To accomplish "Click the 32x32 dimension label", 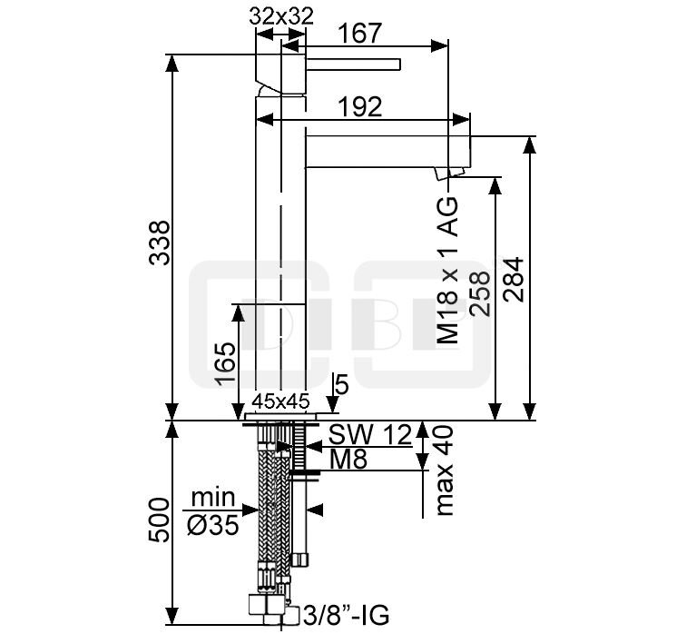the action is [281, 16].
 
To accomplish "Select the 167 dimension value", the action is [359, 34].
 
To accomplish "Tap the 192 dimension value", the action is [360, 106].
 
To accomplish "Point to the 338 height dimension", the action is [159, 243].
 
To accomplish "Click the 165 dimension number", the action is [225, 363].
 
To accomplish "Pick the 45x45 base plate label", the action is [280, 401].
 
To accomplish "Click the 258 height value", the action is [480, 293].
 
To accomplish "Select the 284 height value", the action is [514, 280].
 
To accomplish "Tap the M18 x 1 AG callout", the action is [447, 270].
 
